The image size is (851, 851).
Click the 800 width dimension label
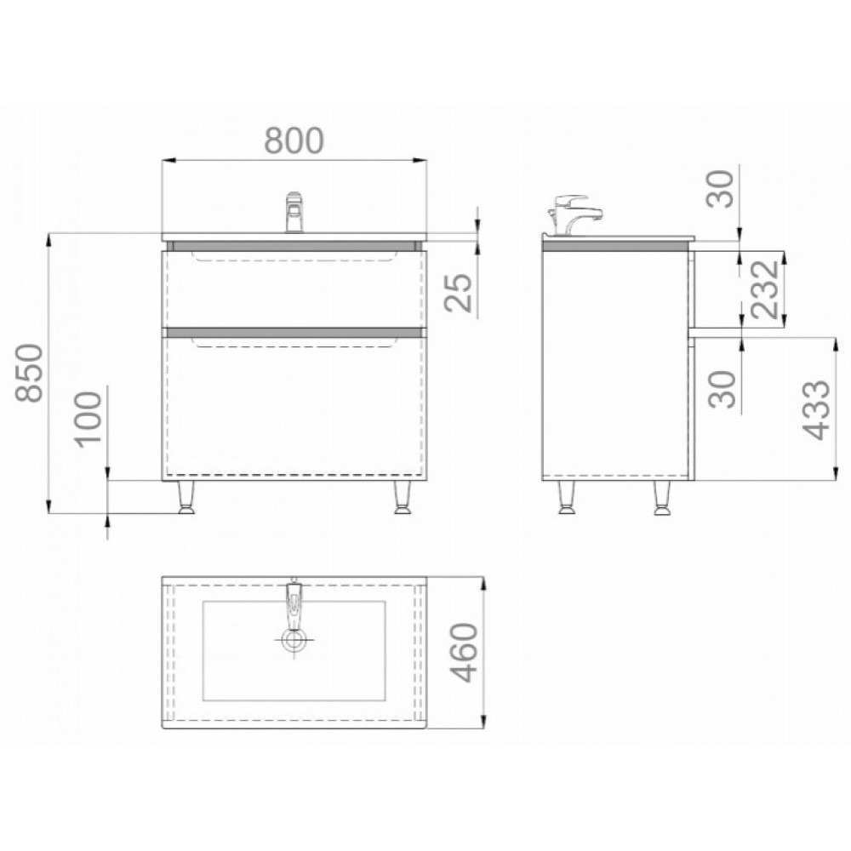tap(294, 140)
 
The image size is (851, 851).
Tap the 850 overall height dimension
tap(29, 373)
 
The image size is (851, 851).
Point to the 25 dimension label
tap(459, 293)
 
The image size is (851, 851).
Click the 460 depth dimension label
tap(465, 653)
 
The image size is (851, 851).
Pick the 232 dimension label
tap(765, 288)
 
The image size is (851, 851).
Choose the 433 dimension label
tap(816, 410)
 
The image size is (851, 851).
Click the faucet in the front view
tap(294, 212)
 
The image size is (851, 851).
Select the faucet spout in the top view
tap(294, 603)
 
